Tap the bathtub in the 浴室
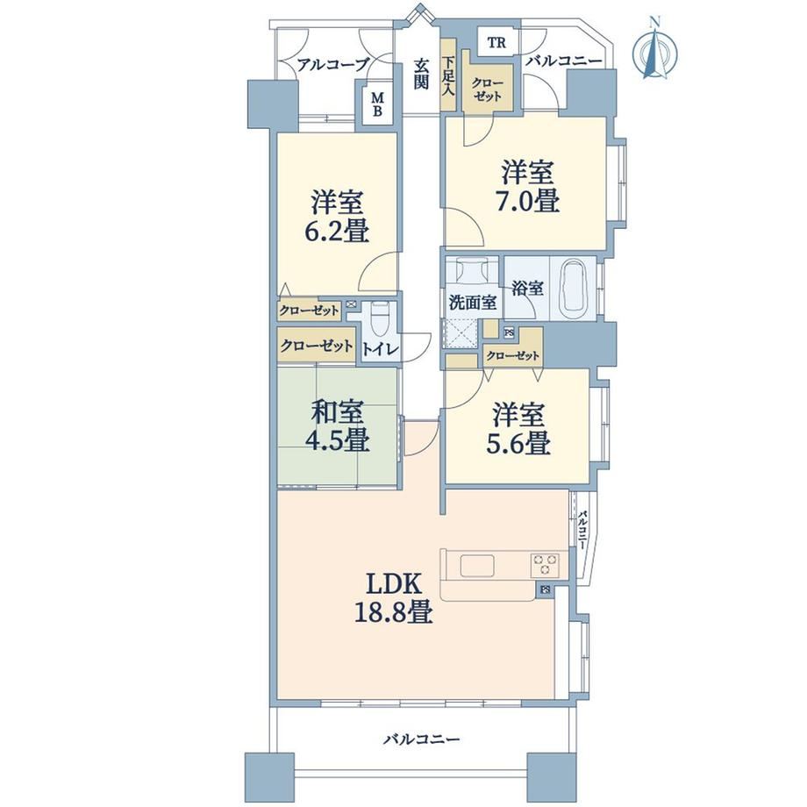click(x=573, y=289)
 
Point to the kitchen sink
click(x=477, y=566)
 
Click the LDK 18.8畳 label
click(x=394, y=598)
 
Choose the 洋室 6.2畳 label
click(x=338, y=216)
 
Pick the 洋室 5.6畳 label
click(x=518, y=429)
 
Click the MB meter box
click(x=377, y=104)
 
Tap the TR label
click(x=496, y=43)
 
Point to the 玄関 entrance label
click(x=422, y=74)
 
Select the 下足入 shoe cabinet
click(x=448, y=75)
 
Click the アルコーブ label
click(x=333, y=64)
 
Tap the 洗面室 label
click(x=473, y=303)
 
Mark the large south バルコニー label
click(x=421, y=739)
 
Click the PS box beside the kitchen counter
click(x=545, y=589)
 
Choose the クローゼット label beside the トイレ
click(x=316, y=346)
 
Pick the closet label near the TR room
click(x=488, y=89)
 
